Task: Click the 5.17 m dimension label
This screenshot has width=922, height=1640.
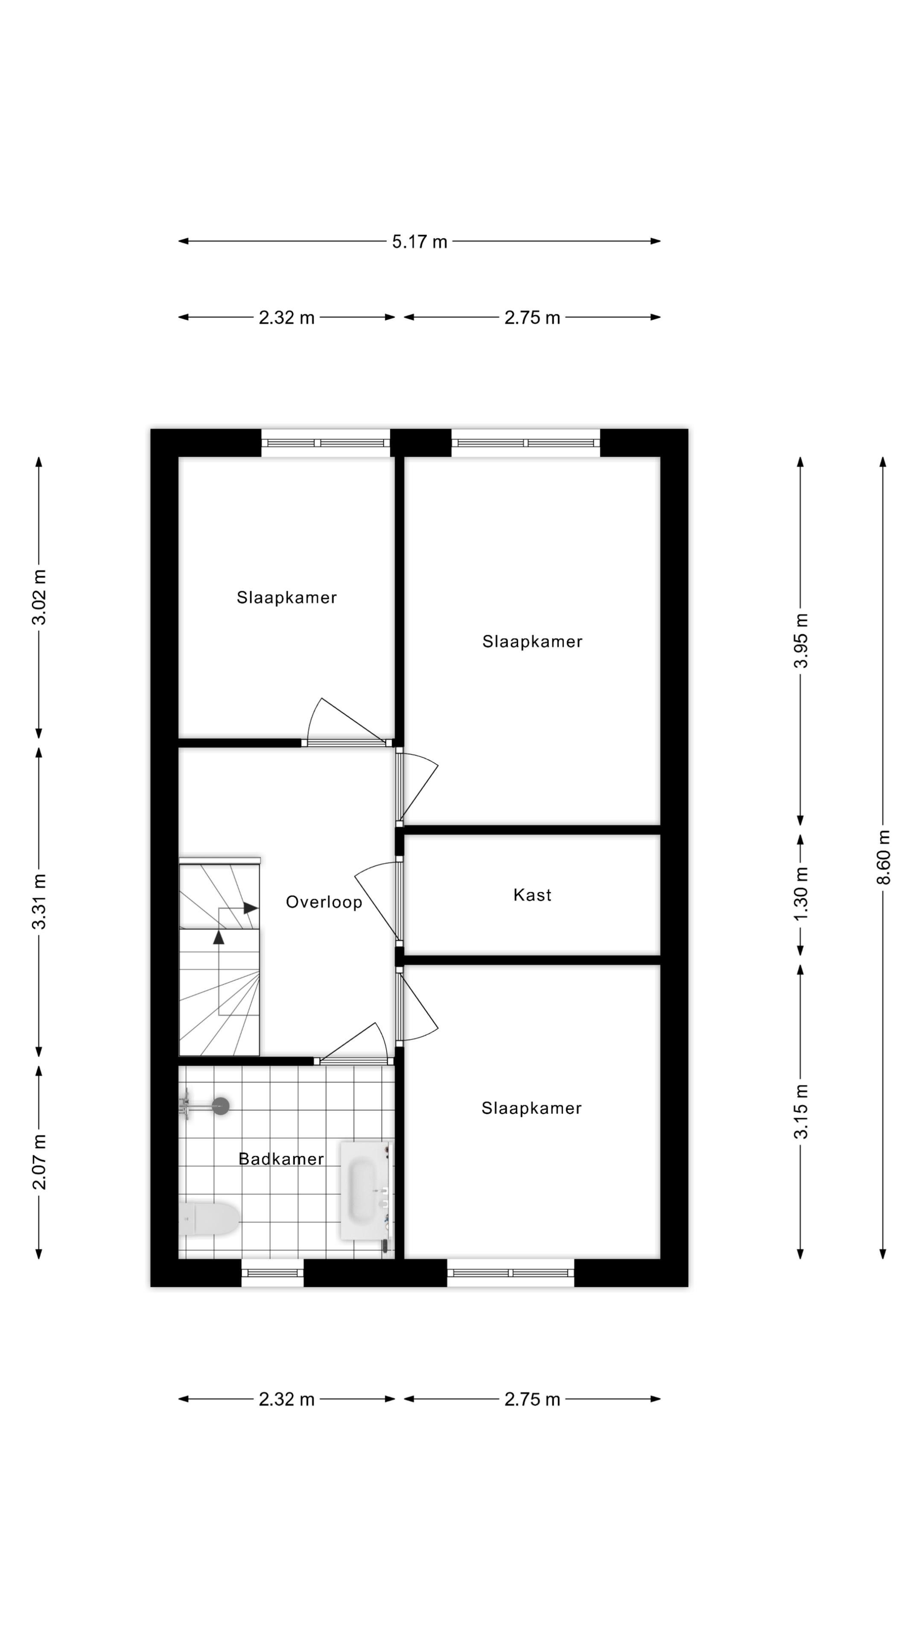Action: pyautogui.click(x=419, y=242)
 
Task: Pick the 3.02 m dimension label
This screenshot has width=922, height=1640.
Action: pyautogui.click(x=39, y=597)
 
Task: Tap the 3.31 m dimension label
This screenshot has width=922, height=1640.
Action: pyautogui.click(x=39, y=901)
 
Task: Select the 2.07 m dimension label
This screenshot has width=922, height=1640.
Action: pyautogui.click(x=39, y=1161)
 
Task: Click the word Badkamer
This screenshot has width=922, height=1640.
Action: pyautogui.click(x=280, y=1159)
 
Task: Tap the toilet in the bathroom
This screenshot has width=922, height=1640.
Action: pyautogui.click(x=210, y=1218)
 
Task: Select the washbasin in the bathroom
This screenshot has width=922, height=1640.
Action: pyautogui.click(x=364, y=1189)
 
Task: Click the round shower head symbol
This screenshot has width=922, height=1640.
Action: pyautogui.click(x=220, y=1106)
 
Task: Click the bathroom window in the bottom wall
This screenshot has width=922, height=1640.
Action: pyautogui.click(x=272, y=1273)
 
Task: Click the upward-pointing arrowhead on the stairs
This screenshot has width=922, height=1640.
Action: pyautogui.click(x=218, y=937)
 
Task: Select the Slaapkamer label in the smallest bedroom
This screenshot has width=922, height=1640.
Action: pyautogui.click(x=286, y=597)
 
